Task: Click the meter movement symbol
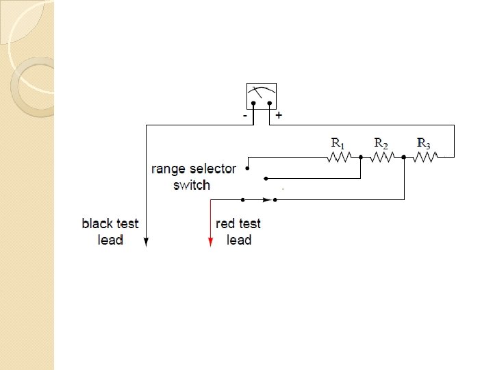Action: pyautogui.click(x=262, y=95)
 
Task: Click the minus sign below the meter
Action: pyautogui.click(x=245, y=116)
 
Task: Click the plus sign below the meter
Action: pyautogui.click(x=279, y=116)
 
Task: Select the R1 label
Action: pyautogui.click(x=338, y=143)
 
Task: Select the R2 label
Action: pyautogui.click(x=381, y=143)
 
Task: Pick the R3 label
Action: pyautogui.click(x=424, y=143)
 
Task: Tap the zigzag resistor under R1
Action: pyautogui.click(x=339, y=157)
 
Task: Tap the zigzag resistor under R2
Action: pyautogui.click(x=382, y=157)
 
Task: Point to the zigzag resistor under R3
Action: pyautogui.click(x=425, y=157)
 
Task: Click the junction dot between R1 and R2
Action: pyautogui.click(x=360, y=157)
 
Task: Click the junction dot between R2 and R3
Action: pyautogui.click(x=404, y=157)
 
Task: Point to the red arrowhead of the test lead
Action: pyautogui.click(x=210, y=241)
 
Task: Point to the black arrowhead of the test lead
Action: pyautogui.click(x=147, y=241)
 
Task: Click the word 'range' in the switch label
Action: pyautogui.click(x=166, y=169)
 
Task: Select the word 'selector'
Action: pyautogui.click(x=210, y=169)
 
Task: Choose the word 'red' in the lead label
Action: pyautogui.click(x=225, y=223)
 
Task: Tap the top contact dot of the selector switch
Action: pyautogui.click(x=247, y=167)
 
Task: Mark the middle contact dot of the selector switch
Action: pyautogui.click(x=266, y=180)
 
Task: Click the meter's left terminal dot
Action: pyautogui.click(x=253, y=104)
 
